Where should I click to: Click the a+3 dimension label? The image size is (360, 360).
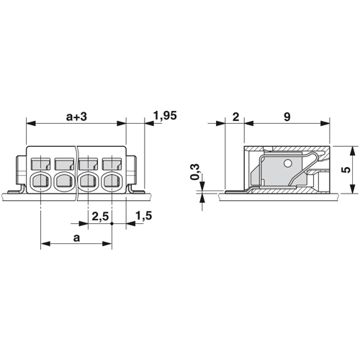76,117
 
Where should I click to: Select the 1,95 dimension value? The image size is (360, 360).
165,116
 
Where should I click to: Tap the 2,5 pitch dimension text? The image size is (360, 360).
100,217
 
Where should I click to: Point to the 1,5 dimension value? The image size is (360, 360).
143,216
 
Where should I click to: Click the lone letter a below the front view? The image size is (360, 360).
76,238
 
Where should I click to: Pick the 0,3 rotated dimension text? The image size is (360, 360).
195,172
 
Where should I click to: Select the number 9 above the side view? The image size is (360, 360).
287,117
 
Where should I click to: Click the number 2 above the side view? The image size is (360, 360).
236,117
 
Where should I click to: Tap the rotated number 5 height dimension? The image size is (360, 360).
346,170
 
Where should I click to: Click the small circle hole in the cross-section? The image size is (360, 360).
287,163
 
